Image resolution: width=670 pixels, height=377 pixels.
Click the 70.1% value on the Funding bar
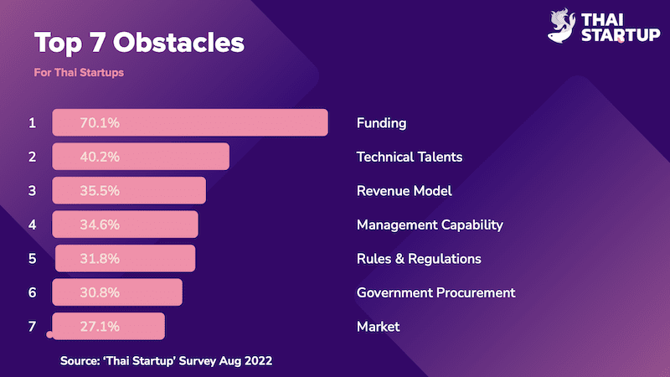coord(100,123)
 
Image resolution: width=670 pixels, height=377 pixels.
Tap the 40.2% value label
coord(100,157)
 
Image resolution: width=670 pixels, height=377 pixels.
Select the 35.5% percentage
coord(100,191)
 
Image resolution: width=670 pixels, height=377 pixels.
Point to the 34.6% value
coord(100,225)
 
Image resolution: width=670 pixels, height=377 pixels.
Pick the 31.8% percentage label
coord(100,259)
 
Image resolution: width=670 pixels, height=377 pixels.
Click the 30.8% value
coord(100,292)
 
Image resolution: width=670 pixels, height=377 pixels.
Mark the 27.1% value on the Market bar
coord(100,326)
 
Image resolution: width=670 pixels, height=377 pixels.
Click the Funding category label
coord(381,123)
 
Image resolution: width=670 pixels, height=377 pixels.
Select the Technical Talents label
coord(410,157)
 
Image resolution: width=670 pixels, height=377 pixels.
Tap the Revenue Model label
coord(405,191)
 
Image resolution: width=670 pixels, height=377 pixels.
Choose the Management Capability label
coord(430,225)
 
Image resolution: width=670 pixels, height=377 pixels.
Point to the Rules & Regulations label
coord(419,259)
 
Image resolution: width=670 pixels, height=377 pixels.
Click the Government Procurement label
coord(435,292)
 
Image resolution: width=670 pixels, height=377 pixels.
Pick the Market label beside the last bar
coord(378,326)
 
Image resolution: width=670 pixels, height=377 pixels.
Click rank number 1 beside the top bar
coord(32,123)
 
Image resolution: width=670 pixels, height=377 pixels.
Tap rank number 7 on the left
coord(32,326)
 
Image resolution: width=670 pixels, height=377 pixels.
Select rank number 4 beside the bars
coord(32,225)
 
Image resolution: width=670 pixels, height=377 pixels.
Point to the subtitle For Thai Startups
coord(79,72)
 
